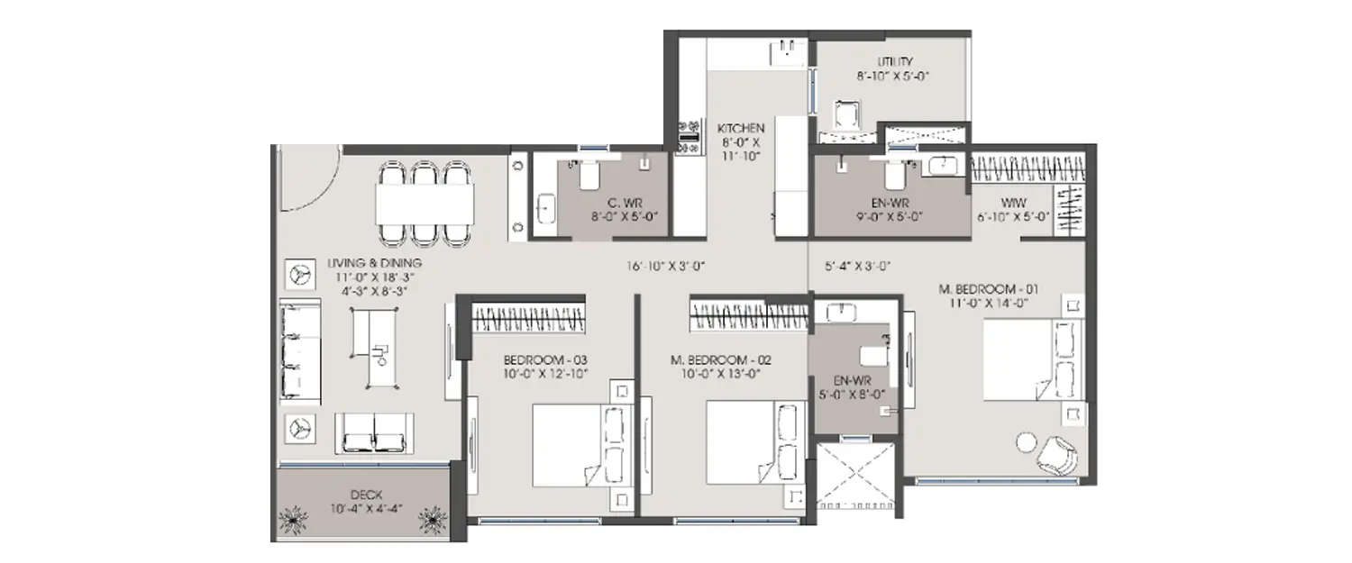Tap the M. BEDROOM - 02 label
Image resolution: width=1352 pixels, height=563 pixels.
[x=721, y=359]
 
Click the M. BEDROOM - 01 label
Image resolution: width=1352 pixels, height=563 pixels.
[x=989, y=289]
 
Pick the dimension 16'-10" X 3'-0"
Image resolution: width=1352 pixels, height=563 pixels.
[x=665, y=266]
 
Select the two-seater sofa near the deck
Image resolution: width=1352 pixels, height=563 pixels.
[x=374, y=434]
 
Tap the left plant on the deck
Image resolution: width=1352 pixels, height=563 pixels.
[x=295, y=522]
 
